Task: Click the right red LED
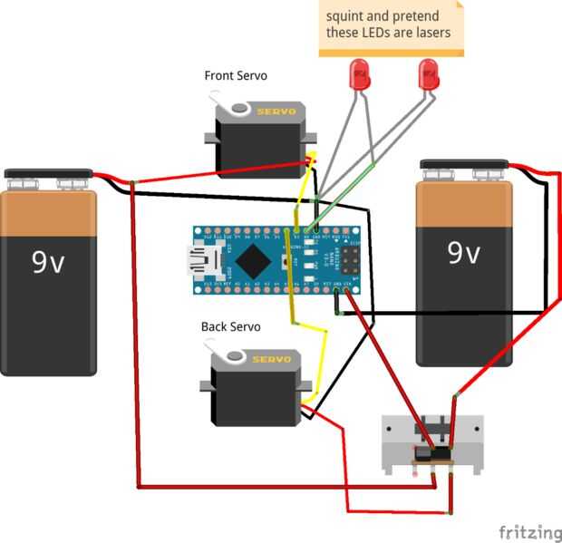pos(429,74)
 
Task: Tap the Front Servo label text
pos(236,76)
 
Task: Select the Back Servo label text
pos(230,326)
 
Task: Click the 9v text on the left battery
pos(48,262)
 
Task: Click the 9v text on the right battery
pos(463,251)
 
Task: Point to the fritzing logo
pos(530,531)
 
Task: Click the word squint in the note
pos(344,16)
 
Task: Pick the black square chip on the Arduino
pos(254,260)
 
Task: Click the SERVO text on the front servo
pos(276,112)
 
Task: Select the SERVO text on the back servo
pos(272,360)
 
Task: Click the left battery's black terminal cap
pos(48,173)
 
